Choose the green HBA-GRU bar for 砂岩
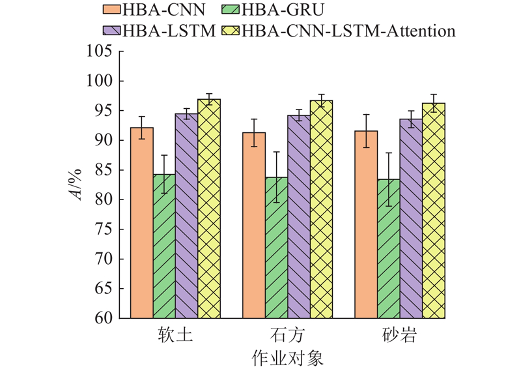click(389, 248)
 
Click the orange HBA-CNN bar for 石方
click(254, 225)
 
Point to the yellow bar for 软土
click(209, 209)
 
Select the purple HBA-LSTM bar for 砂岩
click(411, 218)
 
